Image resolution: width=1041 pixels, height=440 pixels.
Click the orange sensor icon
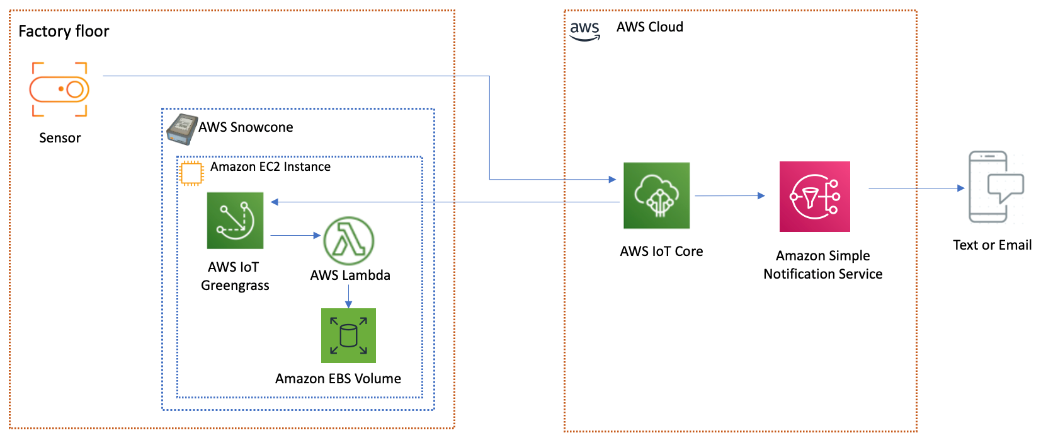(x=59, y=90)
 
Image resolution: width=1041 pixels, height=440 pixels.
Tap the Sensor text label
(x=60, y=138)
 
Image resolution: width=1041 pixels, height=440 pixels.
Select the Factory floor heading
(x=64, y=32)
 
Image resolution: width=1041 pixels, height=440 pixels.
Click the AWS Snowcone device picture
(x=182, y=129)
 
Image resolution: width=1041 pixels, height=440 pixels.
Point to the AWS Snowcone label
(x=246, y=127)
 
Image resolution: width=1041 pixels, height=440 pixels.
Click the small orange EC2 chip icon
(x=191, y=173)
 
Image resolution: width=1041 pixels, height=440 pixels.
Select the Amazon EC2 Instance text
(x=270, y=167)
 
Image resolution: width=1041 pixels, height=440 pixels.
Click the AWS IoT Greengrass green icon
(x=235, y=221)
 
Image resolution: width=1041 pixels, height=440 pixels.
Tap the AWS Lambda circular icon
(x=348, y=241)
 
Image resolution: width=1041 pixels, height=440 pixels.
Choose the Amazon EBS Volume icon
(x=348, y=335)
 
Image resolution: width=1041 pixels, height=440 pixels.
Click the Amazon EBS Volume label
(x=338, y=379)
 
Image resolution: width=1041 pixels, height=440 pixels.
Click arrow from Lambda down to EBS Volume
(x=348, y=296)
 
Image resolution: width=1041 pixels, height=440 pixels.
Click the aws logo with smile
(x=584, y=30)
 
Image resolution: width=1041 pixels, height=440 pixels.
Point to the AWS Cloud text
(x=649, y=27)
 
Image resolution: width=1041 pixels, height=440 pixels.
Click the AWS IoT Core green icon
(x=656, y=195)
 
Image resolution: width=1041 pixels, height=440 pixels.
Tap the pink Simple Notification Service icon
(x=814, y=197)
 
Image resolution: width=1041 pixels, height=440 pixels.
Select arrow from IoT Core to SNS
(x=729, y=196)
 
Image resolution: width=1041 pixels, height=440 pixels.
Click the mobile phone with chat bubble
(x=995, y=187)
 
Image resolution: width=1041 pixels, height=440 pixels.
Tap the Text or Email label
(x=992, y=245)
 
